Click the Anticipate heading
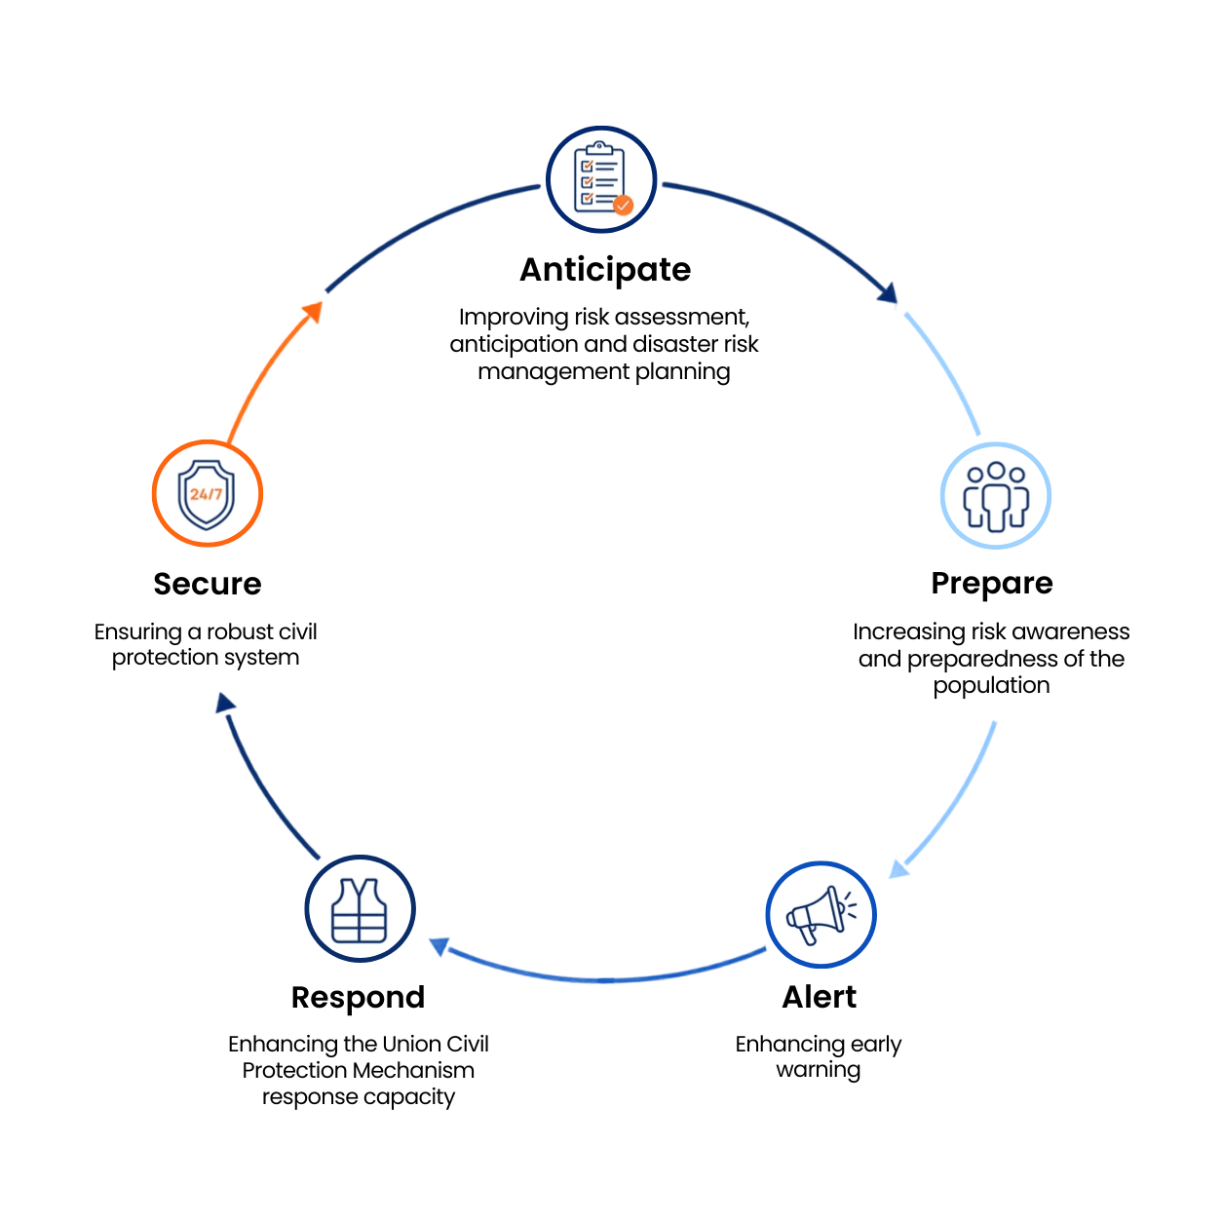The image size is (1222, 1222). [605, 271]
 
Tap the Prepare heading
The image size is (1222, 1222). [992, 584]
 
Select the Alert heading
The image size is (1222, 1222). [820, 997]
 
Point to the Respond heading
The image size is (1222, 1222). [359, 999]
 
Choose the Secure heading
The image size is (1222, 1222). [208, 584]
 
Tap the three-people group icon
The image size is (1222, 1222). [996, 496]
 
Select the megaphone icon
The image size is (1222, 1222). [821, 915]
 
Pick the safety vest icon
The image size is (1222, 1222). [359, 910]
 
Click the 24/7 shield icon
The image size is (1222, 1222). [207, 495]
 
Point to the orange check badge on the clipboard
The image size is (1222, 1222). [623, 205]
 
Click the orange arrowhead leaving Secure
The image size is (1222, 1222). [313, 312]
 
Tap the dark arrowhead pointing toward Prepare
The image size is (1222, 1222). [888, 293]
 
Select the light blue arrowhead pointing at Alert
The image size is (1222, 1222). [898, 868]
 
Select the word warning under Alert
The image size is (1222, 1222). [818, 1071]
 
